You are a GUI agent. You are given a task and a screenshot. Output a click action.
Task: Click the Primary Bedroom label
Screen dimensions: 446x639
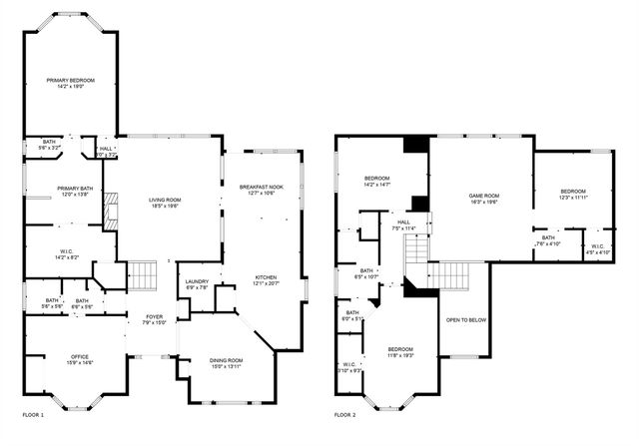(70, 82)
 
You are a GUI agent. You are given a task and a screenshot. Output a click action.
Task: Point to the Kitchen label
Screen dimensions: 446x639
(265, 280)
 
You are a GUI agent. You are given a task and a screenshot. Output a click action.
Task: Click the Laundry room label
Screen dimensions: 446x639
(196, 284)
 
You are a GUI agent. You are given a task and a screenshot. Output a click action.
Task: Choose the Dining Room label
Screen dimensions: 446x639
(227, 363)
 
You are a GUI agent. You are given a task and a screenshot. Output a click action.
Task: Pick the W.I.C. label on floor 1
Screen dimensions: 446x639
(67, 255)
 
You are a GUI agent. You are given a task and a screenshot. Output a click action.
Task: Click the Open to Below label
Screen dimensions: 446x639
(466, 321)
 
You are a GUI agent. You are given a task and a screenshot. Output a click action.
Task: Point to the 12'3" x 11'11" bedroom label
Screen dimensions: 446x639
(573, 194)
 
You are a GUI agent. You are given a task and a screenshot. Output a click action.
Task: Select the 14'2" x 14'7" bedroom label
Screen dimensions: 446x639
(383, 181)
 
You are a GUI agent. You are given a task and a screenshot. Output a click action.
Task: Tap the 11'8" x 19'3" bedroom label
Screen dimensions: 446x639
(400, 351)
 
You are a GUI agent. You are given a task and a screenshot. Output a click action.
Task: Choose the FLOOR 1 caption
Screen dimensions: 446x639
(33, 413)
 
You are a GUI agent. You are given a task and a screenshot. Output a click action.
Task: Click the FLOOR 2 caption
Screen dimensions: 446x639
(344, 413)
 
